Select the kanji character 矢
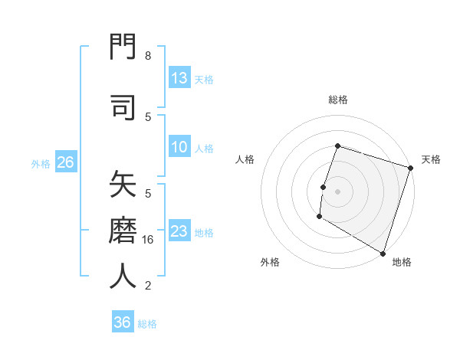click(123, 185)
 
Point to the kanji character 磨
click(123, 229)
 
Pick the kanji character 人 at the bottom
click(123, 275)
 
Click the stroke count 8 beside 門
click(148, 56)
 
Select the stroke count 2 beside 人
click(148, 286)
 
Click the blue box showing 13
click(179, 78)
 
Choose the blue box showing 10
click(179, 147)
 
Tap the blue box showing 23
click(179, 231)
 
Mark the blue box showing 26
click(65, 162)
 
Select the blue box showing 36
click(123, 322)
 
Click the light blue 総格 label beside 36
click(147, 324)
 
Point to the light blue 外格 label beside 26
click(41, 163)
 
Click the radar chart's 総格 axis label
click(337, 100)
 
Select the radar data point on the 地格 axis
click(383, 253)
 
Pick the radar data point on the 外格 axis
click(319, 217)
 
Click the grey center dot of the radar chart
click(337, 191)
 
